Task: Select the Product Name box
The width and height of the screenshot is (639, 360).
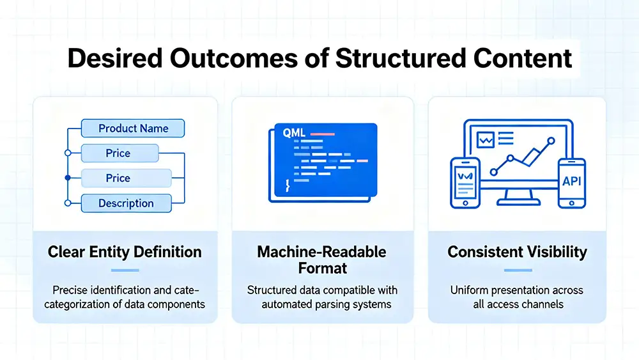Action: pyautogui.click(x=133, y=129)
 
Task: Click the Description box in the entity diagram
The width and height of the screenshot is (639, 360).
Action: pyautogui.click(x=126, y=203)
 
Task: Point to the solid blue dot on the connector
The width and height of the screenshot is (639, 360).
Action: pyautogui.click(x=68, y=178)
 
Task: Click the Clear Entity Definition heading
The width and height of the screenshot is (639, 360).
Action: pyautogui.click(x=125, y=251)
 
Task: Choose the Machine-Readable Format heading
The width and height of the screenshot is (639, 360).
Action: pyautogui.click(x=321, y=259)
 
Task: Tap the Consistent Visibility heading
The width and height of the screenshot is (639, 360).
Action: pyautogui.click(x=518, y=251)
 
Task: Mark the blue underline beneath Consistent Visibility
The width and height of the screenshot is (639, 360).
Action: pyautogui.click(x=518, y=270)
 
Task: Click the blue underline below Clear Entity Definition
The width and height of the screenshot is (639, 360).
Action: pyautogui.click(x=125, y=270)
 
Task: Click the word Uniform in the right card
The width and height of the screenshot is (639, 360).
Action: pyautogui.click(x=470, y=290)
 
